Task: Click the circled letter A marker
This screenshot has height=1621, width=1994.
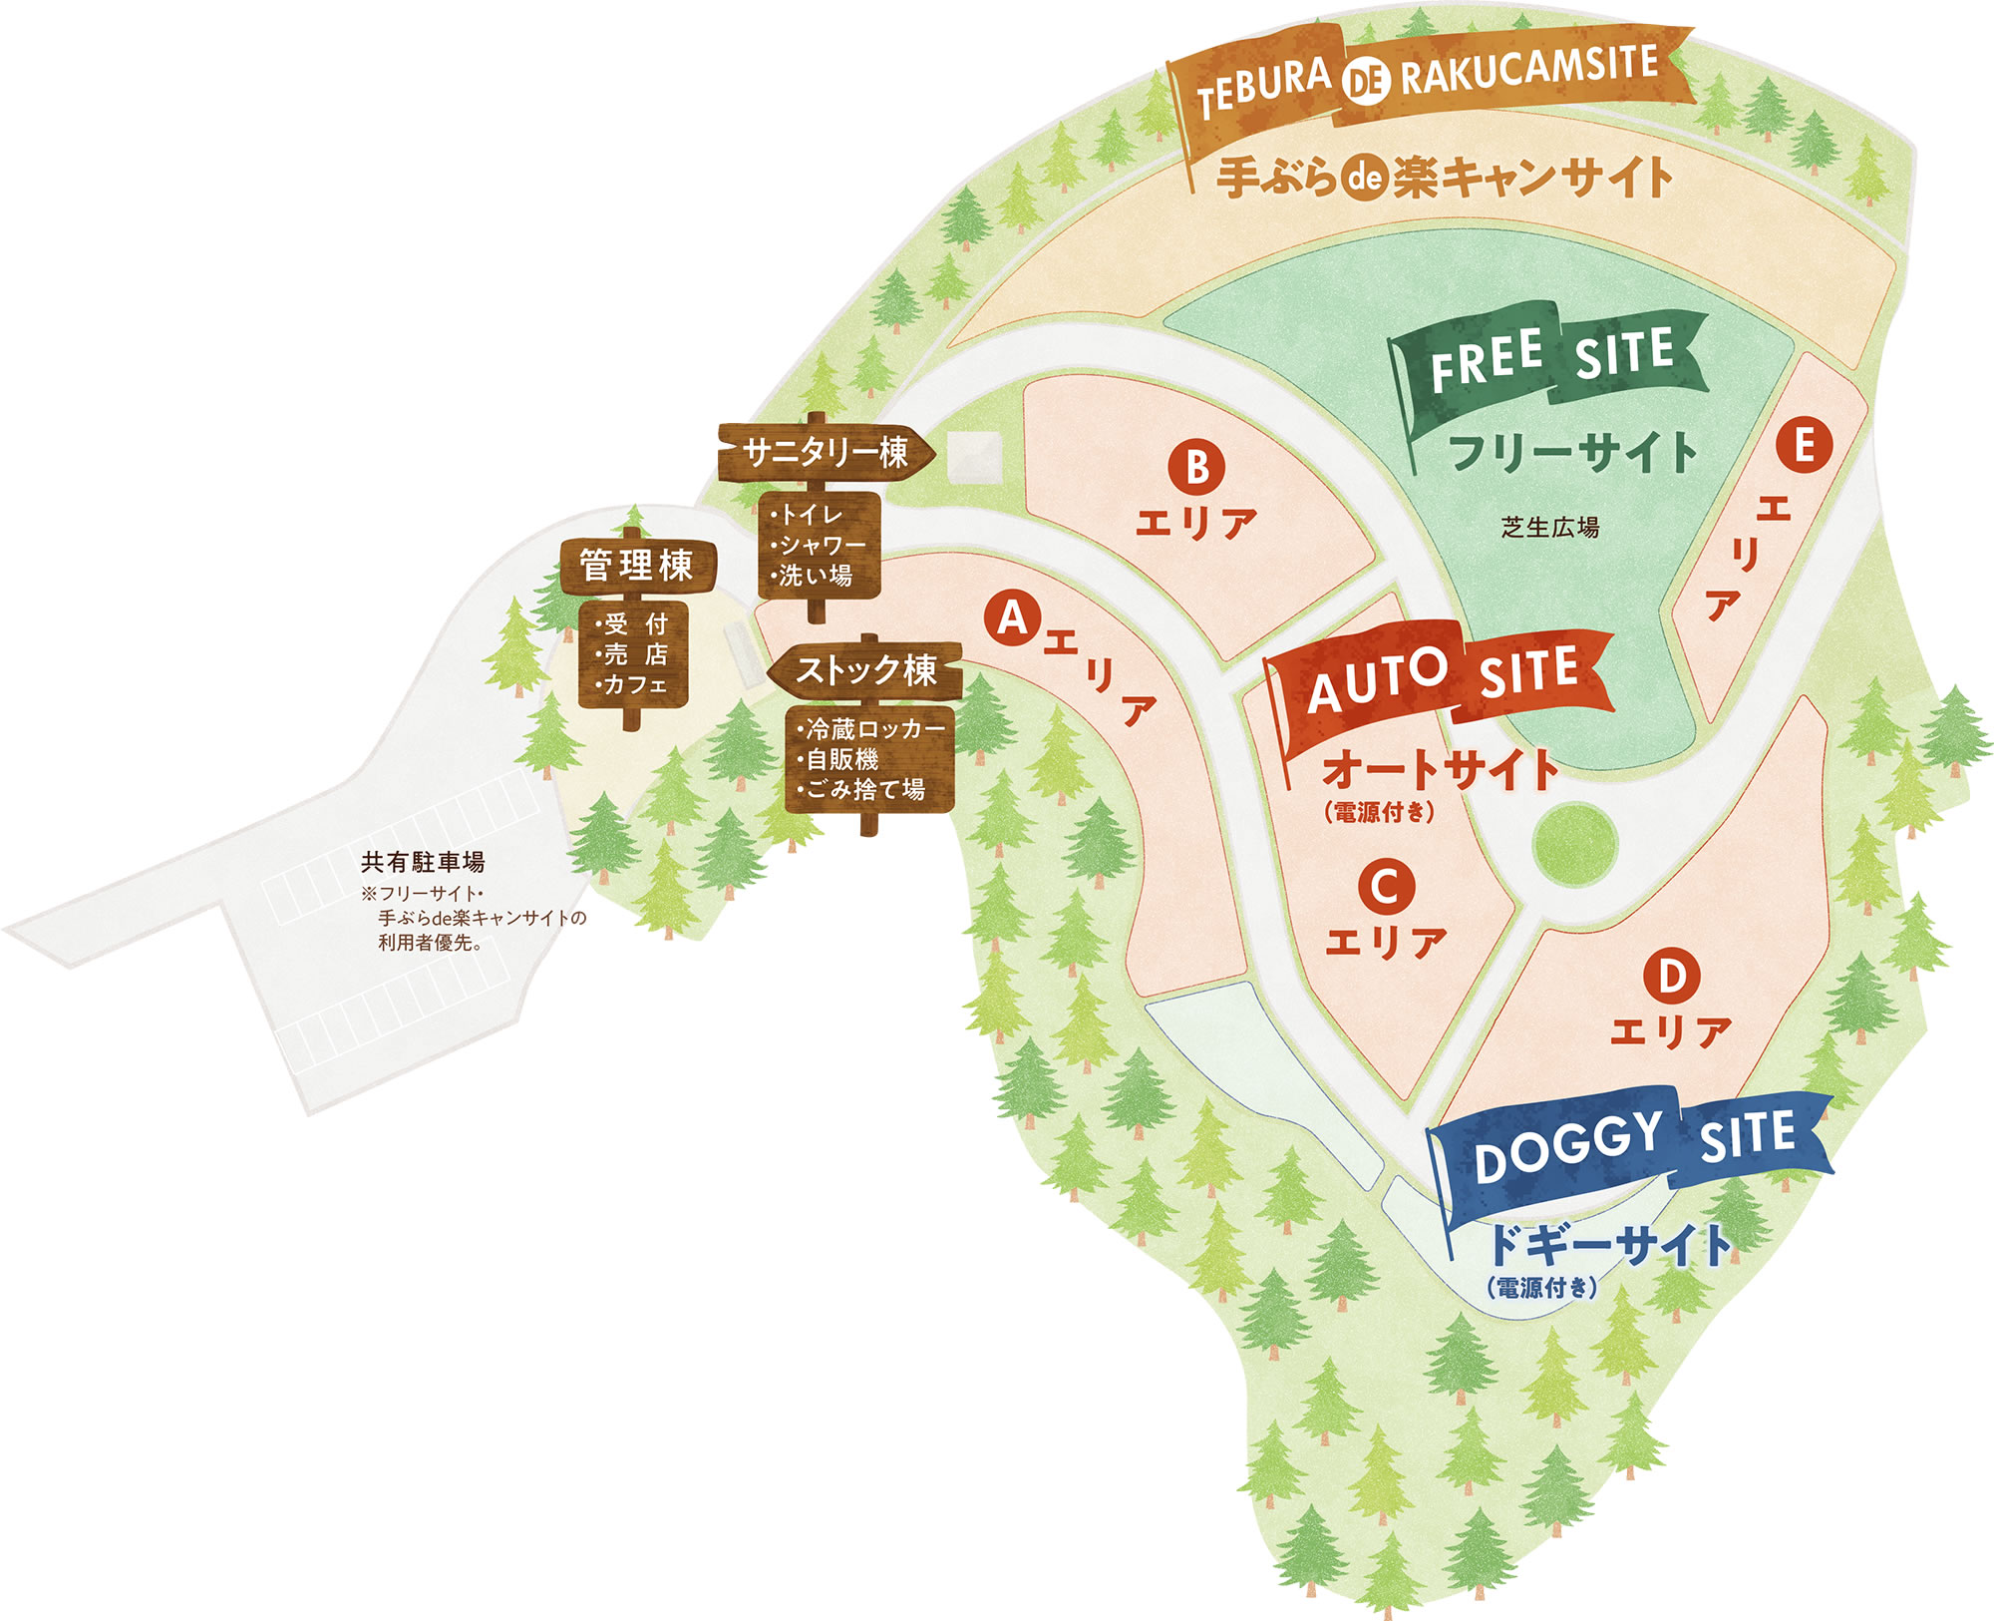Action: [1013, 618]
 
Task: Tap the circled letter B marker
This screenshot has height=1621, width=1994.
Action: [1197, 466]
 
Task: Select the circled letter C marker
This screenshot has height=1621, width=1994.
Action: [1385, 886]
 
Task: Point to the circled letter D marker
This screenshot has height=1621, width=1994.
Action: [1672, 976]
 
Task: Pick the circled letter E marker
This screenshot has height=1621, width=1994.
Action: [1804, 445]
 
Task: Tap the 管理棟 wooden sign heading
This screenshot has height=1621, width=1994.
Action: [636, 566]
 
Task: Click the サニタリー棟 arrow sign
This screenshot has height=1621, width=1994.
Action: [826, 454]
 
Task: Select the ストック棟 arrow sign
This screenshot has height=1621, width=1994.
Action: [865, 669]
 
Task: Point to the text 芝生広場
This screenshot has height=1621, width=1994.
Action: [1550, 527]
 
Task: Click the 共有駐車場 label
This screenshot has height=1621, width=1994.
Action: [423, 862]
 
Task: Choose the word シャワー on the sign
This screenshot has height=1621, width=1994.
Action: [824, 545]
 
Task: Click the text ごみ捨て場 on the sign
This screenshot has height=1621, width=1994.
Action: [864, 789]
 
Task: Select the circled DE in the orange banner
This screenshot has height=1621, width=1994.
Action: [1365, 81]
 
